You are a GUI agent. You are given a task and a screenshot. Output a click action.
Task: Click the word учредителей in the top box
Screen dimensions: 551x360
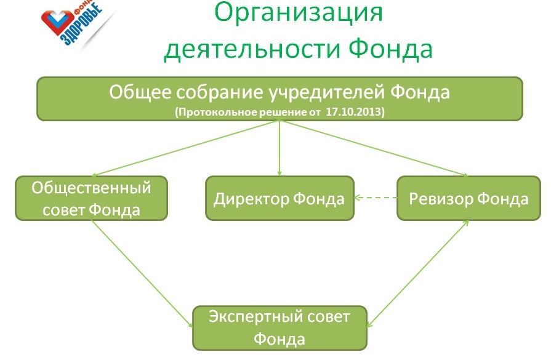pos(326,93)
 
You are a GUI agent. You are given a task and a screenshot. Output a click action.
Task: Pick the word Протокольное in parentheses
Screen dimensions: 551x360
pos(217,112)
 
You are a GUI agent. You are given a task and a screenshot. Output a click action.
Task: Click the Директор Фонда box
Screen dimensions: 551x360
pos(280,198)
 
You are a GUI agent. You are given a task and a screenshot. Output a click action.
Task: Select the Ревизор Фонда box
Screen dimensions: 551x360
pos(469,198)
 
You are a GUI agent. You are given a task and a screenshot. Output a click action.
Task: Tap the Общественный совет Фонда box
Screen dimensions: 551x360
pos(91,198)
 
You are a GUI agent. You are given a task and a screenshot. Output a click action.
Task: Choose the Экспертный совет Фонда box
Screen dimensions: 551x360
pos(280,328)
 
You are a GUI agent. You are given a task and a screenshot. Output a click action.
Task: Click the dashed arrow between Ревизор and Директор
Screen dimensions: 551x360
pos(376,198)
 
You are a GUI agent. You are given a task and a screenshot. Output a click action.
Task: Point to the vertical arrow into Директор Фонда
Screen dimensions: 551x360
pos(280,148)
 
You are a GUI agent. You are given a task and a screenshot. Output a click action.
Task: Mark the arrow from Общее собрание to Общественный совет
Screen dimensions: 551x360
pos(185,148)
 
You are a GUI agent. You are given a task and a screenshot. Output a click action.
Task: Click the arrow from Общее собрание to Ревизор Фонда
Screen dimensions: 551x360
pos(374,148)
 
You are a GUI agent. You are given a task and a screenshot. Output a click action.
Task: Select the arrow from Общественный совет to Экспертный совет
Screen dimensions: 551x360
pos(142,274)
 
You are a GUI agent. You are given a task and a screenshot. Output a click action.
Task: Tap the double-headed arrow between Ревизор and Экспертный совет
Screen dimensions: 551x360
pos(418,274)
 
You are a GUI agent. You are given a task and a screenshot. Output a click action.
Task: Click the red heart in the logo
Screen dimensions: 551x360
pos(58,22)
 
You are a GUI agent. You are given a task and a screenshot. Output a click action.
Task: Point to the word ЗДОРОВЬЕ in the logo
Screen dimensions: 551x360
pos(82,25)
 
